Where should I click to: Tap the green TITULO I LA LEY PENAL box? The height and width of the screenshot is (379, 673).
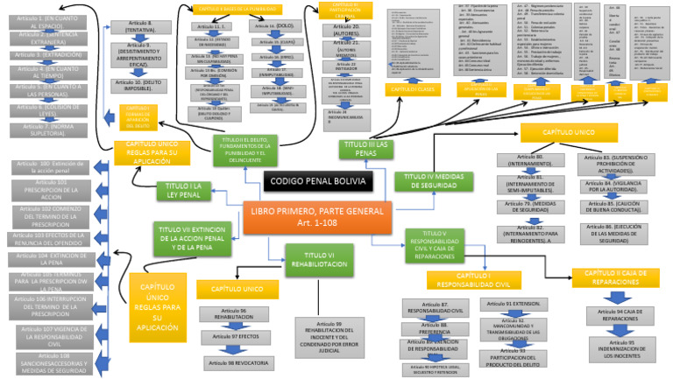183,190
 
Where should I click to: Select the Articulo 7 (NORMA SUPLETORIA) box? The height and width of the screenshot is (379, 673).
46,128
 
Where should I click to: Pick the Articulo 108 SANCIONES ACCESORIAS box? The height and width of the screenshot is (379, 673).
54,362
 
